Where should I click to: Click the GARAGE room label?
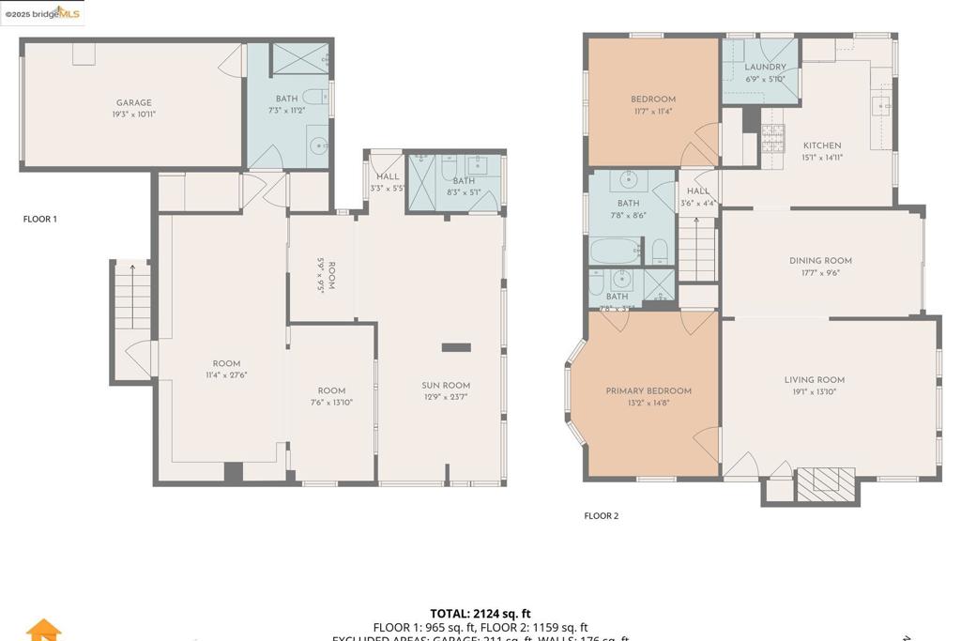133,103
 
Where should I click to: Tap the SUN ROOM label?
446,386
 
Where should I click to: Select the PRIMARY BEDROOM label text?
648,391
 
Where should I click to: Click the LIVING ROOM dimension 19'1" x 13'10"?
814,392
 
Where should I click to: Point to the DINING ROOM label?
820,261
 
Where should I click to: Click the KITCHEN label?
821,145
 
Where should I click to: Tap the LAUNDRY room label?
765,68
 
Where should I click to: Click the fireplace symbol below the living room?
826,481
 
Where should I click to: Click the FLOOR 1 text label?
40,219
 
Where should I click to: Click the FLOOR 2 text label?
602,515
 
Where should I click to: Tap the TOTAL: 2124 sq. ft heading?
480,614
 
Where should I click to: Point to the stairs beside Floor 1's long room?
132,296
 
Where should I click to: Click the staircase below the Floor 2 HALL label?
696,249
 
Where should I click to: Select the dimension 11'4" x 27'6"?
226,375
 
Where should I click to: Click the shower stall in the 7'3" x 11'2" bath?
300,59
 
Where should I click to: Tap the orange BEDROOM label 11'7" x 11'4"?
652,99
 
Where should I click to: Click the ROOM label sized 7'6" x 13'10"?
331,390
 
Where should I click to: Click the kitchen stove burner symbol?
771,140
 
